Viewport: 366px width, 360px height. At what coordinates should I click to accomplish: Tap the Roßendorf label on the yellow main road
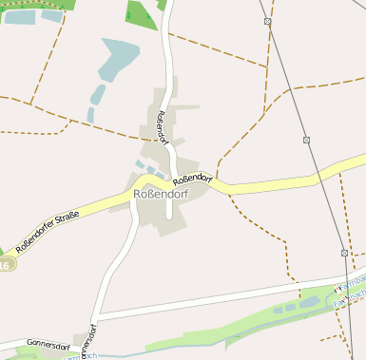193,178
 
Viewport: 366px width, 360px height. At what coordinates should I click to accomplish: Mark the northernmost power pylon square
268,21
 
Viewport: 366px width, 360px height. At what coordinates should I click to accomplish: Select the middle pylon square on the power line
307,140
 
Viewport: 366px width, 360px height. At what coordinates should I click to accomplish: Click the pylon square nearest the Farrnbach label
344,253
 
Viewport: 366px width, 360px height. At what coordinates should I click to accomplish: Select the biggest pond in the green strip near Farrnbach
308,302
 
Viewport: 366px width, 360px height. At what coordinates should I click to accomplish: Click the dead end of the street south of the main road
169,216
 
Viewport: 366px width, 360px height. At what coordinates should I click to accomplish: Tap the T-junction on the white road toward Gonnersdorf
96,315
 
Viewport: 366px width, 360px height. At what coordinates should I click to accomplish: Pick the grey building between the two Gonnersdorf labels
78,339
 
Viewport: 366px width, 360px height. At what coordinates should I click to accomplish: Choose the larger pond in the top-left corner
19,16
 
